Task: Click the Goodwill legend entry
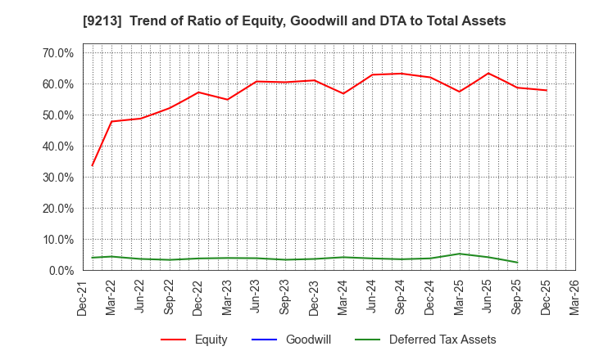308,340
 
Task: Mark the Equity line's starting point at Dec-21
92,165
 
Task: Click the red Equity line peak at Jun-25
488,74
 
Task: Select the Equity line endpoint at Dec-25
547,90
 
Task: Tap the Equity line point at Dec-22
198,92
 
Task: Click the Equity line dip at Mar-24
343,93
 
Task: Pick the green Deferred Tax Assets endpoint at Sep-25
517,263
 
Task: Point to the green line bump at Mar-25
460,254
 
